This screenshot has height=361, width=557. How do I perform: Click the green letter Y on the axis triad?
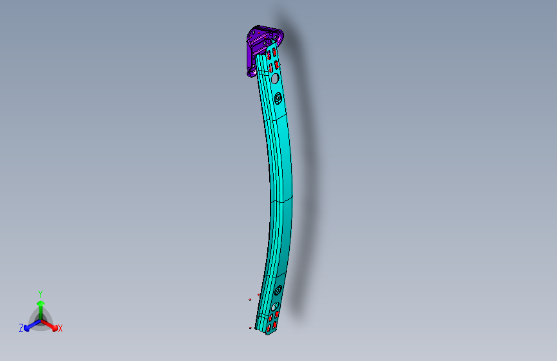click(40, 293)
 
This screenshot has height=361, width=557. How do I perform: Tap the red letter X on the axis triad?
click(60, 329)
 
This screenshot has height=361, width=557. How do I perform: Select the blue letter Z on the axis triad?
click(21, 328)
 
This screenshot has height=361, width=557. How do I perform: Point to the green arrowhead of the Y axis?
click(40, 303)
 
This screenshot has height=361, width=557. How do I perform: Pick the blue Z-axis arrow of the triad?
click(30, 325)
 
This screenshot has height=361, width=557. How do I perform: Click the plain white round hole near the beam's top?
click(274, 78)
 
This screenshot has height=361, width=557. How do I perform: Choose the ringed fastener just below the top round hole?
click(278, 98)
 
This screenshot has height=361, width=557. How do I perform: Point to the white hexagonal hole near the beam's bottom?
click(275, 307)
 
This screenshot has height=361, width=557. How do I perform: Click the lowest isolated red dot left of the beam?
click(251, 328)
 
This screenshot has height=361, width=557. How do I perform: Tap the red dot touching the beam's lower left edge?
click(259, 294)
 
